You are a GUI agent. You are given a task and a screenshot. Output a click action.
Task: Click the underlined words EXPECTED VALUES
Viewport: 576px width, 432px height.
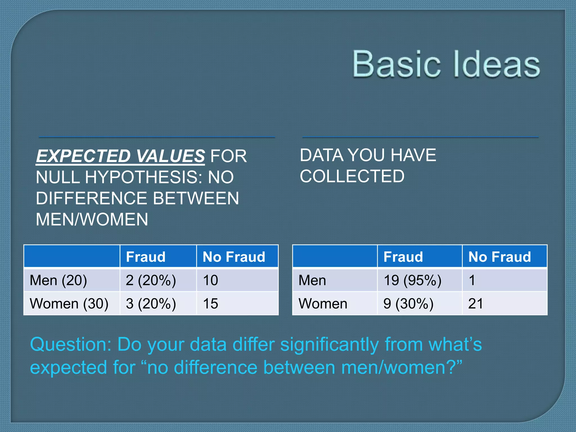[120, 156]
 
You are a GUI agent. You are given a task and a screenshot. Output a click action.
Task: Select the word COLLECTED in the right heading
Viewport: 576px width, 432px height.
[352, 176]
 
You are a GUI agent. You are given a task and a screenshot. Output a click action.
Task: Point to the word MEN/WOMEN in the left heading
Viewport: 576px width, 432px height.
[92, 219]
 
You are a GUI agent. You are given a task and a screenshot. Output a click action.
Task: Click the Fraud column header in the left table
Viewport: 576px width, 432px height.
[146, 257]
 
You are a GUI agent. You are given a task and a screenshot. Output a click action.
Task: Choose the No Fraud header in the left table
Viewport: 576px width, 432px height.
[234, 257]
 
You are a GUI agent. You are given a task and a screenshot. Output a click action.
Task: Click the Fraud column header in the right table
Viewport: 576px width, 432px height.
[403, 257]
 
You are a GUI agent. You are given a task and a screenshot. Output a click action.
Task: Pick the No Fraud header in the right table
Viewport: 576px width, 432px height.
[499, 257]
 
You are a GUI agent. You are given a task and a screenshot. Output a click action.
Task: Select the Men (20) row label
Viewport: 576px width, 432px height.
[58, 280]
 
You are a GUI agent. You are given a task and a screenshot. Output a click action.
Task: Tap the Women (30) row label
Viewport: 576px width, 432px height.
[69, 304]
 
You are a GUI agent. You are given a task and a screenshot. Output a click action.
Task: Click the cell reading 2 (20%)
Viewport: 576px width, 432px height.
[151, 280]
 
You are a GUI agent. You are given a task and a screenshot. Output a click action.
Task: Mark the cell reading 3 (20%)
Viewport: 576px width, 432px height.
[151, 304]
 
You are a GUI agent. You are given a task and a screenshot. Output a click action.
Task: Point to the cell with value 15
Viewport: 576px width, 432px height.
[210, 304]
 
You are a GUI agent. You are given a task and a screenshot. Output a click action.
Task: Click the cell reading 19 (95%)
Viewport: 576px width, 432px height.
[413, 280]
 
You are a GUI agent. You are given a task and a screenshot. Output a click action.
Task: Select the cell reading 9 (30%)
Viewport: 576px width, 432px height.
[408, 304]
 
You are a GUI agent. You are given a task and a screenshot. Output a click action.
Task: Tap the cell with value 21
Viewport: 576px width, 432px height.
[475, 304]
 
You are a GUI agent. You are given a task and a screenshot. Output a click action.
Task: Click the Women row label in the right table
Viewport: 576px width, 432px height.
[323, 304]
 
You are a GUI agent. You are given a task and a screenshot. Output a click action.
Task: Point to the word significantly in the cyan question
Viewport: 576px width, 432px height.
[330, 345]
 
